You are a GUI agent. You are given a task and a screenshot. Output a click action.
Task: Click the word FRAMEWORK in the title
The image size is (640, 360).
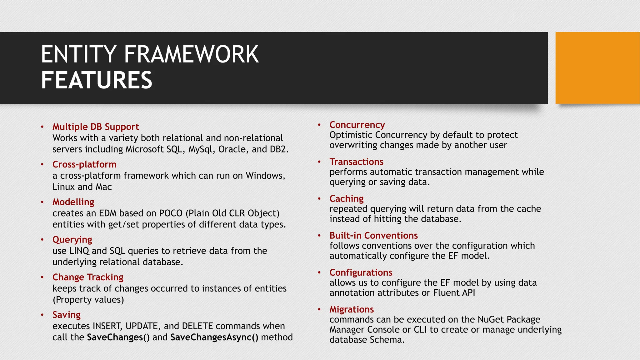pyautogui.click(x=191, y=54)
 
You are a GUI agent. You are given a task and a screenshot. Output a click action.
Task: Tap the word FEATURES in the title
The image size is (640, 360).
pyautogui.click(x=97, y=80)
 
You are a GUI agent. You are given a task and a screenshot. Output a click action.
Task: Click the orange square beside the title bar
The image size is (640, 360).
pyautogui.click(x=597, y=68)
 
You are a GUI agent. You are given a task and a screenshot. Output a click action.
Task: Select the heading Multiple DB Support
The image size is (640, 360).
pyautogui.click(x=95, y=127)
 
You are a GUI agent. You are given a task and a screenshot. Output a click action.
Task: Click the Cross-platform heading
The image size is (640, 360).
pyautogui.click(x=84, y=164)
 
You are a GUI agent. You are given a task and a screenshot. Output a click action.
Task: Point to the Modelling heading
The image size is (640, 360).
pyautogui.click(x=73, y=202)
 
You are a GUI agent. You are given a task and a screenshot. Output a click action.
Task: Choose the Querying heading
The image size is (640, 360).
pyautogui.click(x=72, y=240)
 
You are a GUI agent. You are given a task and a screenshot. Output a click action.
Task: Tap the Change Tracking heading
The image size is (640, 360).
pyautogui.click(x=88, y=277)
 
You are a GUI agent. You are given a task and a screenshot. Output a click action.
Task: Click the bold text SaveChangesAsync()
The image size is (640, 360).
pyautogui.click(x=214, y=337)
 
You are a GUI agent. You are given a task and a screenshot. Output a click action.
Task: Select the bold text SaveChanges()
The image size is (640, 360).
pyautogui.click(x=118, y=337)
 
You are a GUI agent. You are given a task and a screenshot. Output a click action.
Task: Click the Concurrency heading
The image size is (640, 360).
pyautogui.click(x=357, y=125)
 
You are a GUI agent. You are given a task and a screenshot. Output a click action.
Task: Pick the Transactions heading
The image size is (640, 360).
pyautogui.click(x=356, y=162)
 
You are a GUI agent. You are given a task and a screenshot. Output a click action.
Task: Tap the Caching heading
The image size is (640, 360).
pyautogui.click(x=346, y=198)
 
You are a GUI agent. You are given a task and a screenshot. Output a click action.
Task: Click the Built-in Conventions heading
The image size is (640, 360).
pyautogui.click(x=373, y=235)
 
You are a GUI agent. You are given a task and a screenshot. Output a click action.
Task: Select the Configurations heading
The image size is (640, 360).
pyautogui.click(x=361, y=272)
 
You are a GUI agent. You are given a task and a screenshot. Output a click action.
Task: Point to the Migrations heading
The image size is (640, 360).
pyautogui.click(x=352, y=309)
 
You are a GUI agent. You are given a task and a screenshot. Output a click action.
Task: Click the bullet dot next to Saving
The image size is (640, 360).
pyautogui.click(x=42, y=315)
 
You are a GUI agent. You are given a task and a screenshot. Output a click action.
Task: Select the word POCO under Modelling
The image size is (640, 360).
pyautogui.click(x=171, y=213)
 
